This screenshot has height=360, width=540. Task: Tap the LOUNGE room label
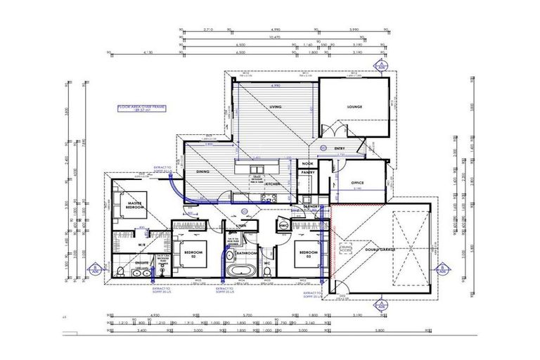354,107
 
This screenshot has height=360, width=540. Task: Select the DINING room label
204,172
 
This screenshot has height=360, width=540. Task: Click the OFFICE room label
356,183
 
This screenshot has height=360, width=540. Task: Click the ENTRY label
340,148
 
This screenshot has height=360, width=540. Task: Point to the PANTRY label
307,172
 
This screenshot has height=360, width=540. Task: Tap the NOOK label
307,162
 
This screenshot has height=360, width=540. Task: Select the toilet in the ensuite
120,271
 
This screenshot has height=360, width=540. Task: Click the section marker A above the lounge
380,65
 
